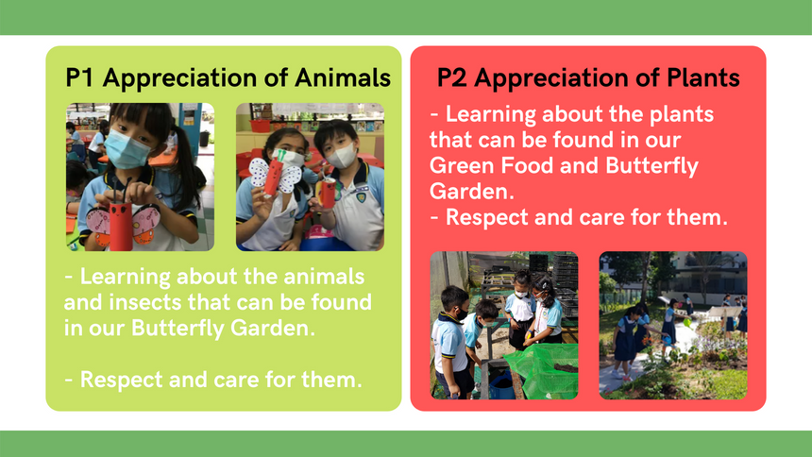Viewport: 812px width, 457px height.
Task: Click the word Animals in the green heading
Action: pos(343,77)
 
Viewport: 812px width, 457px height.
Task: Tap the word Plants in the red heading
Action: pos(703,77)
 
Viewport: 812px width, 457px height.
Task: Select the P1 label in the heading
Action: pos(79,77)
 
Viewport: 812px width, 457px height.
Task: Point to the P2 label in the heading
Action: pos(452,77)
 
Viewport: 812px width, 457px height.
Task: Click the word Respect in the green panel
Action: pos(121,380)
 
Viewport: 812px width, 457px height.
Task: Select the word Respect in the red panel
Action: pos(487,217)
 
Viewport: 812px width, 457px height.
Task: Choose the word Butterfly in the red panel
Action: pos(652,166)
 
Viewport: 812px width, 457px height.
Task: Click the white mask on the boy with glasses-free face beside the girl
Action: pos(342,156)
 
